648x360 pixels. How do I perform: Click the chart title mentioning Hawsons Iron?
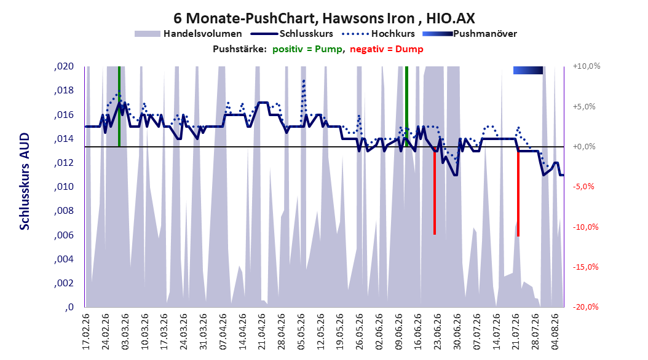point(324,18)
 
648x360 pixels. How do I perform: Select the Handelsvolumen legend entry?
point(189,34)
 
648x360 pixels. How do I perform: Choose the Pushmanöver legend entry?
point(470,34)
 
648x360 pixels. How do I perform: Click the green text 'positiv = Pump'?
point(307,49)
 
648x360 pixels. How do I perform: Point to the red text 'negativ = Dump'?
point(387,49)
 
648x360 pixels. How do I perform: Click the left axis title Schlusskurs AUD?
point(25,181)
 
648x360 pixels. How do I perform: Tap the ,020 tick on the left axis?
point(64,66)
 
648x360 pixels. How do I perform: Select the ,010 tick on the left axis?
point(64,187)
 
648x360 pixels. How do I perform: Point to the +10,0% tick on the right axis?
point(587,66)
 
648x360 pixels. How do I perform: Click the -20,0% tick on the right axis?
point(585,307)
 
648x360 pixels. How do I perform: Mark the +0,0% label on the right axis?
point(584,147)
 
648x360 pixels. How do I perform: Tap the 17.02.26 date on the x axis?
point(86,332)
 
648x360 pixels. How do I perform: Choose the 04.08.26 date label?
point(555,332)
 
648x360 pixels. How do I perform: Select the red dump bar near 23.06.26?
point(435,190)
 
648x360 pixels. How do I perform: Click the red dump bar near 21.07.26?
point(518,192)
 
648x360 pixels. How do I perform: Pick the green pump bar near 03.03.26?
point(119,106)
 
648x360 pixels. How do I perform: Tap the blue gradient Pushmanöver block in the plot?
point(527,70)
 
